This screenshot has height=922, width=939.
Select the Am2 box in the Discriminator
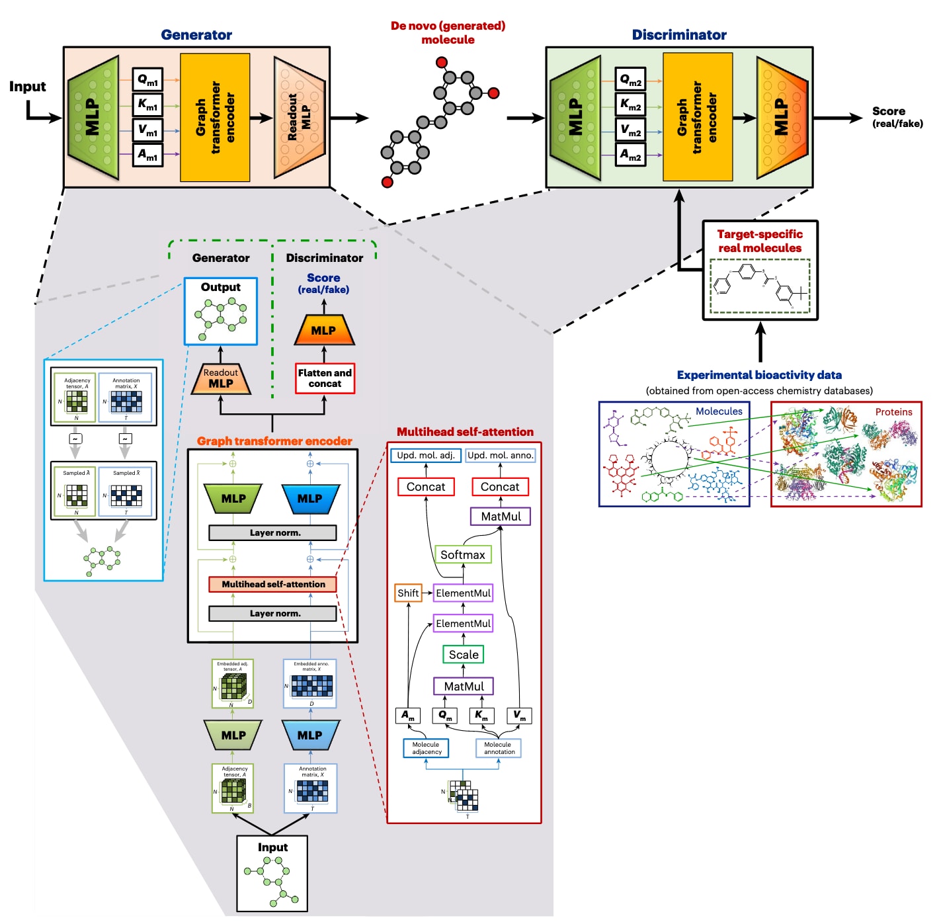pyautogui.click(x=630, y=155)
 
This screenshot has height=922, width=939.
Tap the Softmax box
pyautogui.click(x=463, y=555)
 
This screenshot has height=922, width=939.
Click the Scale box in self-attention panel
pyautogui.click(x=464, y=655)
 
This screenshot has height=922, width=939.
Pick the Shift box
pyautogui.click(x=408, y=593)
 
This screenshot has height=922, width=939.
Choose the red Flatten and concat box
pyautogui.click(x=325, y=378)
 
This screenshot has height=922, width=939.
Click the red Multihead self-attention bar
pyautogui.click(x=273, y=584)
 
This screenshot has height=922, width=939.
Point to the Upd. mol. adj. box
pyautogui.click(x=426, y=456)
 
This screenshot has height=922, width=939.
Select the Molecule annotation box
pyautogui.click(x=499, y=748)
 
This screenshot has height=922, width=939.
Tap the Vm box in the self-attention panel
pyautogui.click(x=519, y=716)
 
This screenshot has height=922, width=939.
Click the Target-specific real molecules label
pyautogui.click(x=760, y=241)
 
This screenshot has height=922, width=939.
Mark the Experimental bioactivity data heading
pyautogui.click(x=759, y=375)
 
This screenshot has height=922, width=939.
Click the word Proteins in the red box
pyautogui.click(x=893, y=412)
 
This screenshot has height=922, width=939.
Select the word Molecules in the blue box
pyautogui.click(x=719, y=411)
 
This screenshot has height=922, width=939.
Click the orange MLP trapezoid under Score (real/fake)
pyautogui.click(x=323, y=331)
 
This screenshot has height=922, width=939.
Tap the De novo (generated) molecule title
pyautogui.click(x=448, y=32)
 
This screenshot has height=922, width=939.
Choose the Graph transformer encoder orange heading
pyautogui.click(x=274, y=441)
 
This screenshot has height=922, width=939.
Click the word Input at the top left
pyautogui.click(x=28, y=87)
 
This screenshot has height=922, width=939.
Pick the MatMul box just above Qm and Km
pyautogui.click(x=464, y=687)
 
